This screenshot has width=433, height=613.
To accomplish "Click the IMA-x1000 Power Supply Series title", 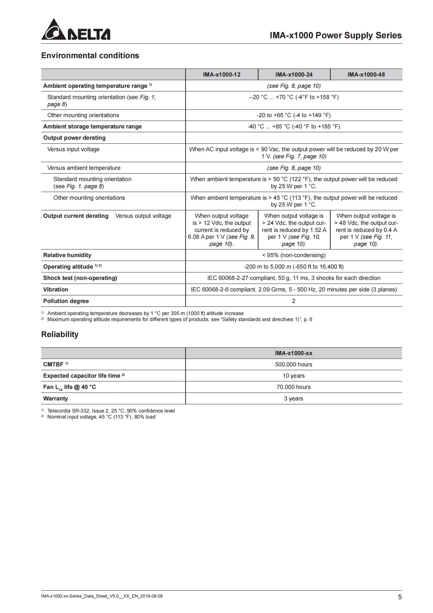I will point(335,35).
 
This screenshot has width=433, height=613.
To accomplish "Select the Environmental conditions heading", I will point(90,56).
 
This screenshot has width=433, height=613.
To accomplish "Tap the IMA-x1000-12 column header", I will point(221,74).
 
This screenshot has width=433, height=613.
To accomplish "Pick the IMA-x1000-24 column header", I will point(294,74).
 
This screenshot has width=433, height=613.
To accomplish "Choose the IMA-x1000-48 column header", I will point(366,74).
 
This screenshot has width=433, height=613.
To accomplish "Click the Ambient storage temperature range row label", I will point(92,127).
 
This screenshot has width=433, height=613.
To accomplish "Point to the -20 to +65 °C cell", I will point(293,115).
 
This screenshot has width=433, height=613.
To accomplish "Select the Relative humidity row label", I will point(67,255).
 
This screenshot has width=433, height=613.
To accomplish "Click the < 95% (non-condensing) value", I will point(293,255).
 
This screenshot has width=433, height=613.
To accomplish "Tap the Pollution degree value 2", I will point(293,301).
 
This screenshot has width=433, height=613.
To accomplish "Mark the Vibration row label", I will point(55,290).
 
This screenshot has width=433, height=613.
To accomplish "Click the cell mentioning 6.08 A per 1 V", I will point(221,230).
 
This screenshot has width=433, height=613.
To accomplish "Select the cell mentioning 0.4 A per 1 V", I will point(366,230).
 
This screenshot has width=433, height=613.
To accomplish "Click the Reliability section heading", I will point(60,334).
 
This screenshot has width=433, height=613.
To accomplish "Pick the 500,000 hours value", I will point(293,365).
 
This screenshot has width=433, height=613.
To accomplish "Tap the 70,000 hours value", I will point(293,387).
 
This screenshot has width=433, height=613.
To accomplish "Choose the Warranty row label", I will point(55,399).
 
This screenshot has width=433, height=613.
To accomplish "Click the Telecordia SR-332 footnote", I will point(111,411).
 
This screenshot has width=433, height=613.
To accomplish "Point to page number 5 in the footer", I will point(400,597).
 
